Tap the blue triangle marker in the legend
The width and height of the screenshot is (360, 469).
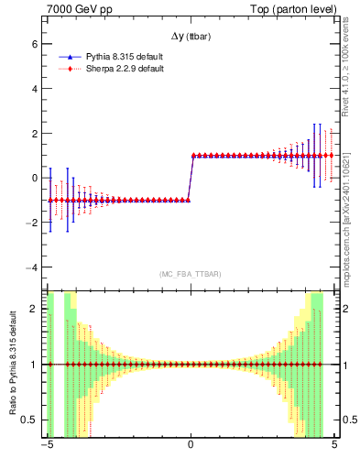71,57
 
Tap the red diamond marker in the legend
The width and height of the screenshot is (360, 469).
71,69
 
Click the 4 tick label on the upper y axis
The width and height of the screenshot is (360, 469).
33,89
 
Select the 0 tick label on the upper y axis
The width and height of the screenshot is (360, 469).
33,178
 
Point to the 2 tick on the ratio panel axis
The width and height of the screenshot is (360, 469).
33,309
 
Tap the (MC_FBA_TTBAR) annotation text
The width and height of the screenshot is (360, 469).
190,274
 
